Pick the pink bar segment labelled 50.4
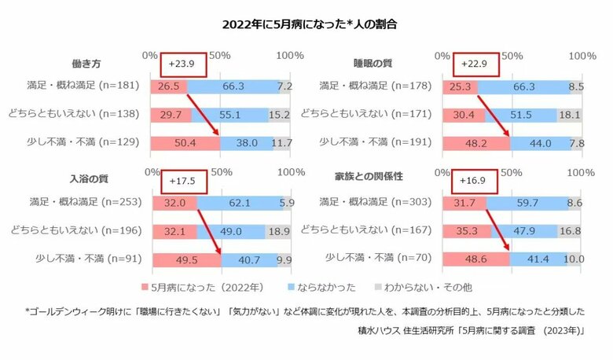click(185, 143)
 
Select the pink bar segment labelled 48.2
click(476, 143)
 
